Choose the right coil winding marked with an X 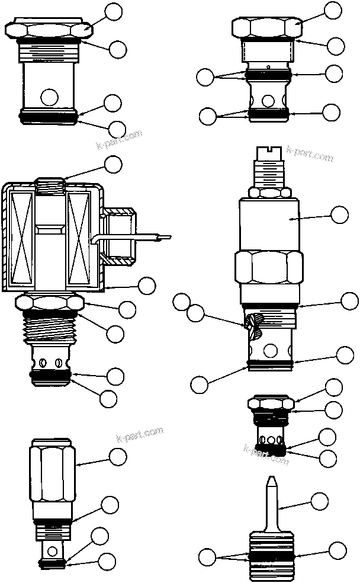pyautogui.click(x=78, y=237)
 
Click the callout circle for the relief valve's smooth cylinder pyautogui.click(x=339, y=215)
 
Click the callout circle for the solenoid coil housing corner pyautogui.click(x=146, y=285)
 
